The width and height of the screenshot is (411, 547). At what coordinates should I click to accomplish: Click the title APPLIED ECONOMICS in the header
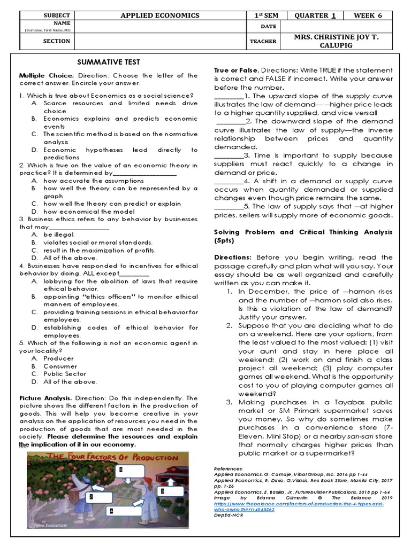click(x=161, y=15)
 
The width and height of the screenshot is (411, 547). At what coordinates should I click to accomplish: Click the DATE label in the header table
click(x=262, y=27)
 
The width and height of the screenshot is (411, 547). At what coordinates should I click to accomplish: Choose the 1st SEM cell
click(x=262, y=15)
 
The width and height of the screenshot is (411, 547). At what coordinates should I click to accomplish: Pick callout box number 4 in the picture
click(x=111, y=511)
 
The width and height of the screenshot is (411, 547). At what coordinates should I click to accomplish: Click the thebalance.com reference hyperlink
click(x=298, y=506)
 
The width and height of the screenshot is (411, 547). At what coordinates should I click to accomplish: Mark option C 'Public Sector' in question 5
click(x=65, y=374)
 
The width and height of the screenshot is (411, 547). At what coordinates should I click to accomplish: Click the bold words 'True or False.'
click(x=237, y=71)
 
